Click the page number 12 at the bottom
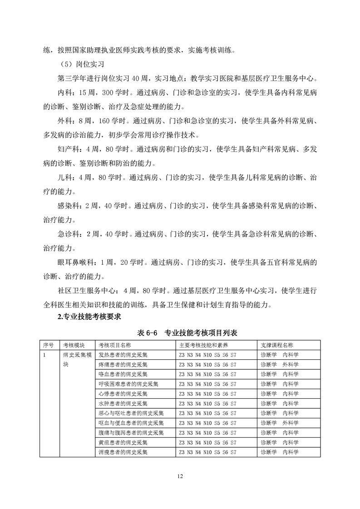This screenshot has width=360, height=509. tap(180, 476)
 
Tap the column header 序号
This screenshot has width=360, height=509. tap(48, 345)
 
